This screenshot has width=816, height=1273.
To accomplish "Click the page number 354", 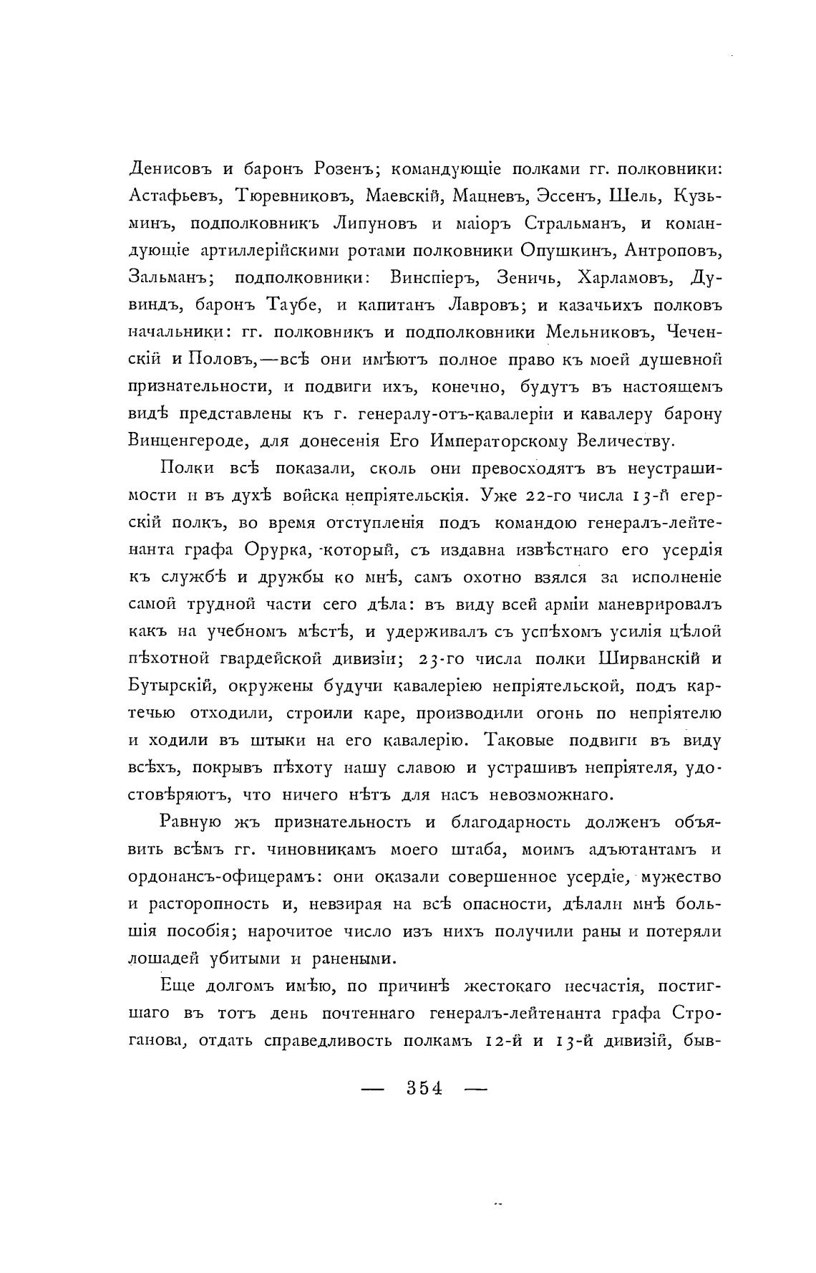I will (424, 1087).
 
